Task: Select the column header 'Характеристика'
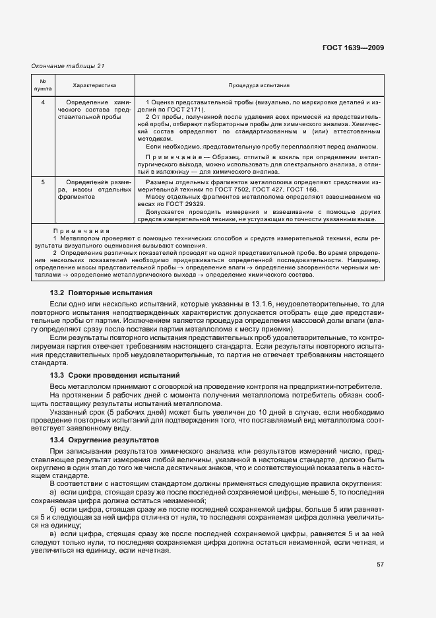click(x=94, y=86)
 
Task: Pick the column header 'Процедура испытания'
click(x=259, y=86)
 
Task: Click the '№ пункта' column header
click(x=42, y=86)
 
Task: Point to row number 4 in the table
click(x=42, y=102)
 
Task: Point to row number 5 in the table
click(x=42, y=180)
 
